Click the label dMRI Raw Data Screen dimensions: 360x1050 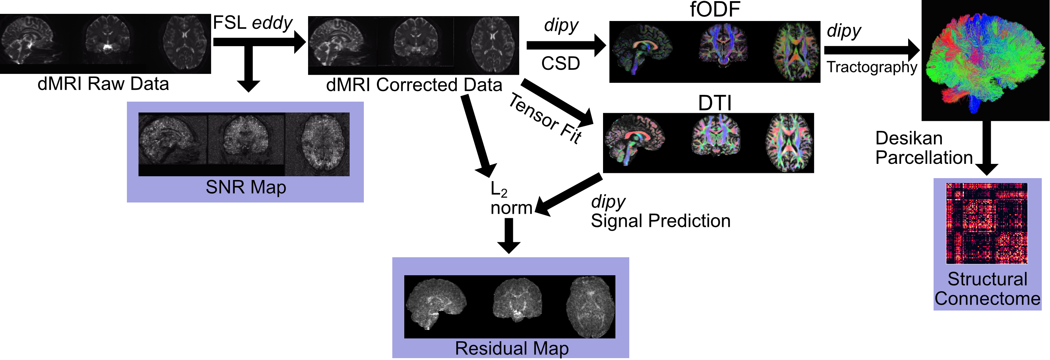103,84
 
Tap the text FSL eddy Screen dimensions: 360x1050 252,23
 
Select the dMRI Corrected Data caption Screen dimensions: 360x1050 414,85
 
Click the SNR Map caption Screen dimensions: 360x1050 246,187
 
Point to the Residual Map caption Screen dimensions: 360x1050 512,348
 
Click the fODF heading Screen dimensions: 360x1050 715,10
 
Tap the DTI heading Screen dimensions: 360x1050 715,103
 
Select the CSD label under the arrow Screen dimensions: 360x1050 560,64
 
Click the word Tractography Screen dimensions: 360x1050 871,67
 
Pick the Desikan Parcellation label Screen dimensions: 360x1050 923,148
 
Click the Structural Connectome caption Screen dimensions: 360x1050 987,289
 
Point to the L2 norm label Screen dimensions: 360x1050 510,199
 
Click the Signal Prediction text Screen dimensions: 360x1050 660,221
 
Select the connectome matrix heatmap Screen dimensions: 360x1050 986,223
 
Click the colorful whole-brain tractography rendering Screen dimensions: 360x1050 986,61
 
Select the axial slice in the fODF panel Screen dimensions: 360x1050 796,52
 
